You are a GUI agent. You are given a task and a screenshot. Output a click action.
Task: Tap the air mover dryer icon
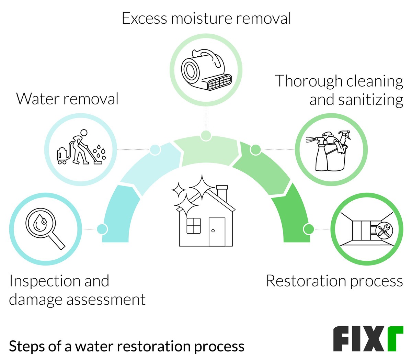pyautogui.click(x=206, y=70)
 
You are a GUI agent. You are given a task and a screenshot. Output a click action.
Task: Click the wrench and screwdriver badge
pyautogui.click(x=384, y=229)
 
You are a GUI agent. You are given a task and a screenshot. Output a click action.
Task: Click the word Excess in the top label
pyautogui.click(x=144, y=18)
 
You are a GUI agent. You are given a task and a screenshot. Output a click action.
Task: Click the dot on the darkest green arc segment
pyautogui.click(x=308, y=228)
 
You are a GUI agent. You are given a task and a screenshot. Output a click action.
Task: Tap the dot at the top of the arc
pyautogui.click(x=206, y=135)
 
